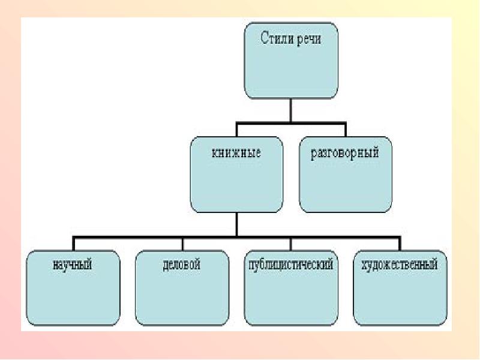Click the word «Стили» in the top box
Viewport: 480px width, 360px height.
(x=277, y=39)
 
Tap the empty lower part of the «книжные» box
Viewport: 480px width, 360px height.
(x=236, y=189)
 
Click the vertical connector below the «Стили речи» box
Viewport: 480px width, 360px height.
(x=291, y=111)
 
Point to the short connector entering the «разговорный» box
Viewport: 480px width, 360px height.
(x=345, y=130)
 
